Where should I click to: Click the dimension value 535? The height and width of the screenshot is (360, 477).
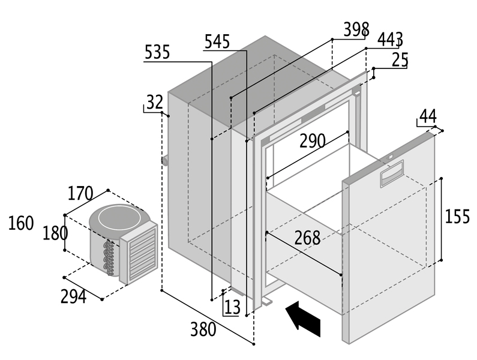(157, 52)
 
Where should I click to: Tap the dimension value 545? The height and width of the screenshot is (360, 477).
(217, 41)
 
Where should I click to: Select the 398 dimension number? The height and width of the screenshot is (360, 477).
(356, 29)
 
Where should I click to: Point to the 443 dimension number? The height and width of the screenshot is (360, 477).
(390, 40)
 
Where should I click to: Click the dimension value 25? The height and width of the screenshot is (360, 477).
(400, 59)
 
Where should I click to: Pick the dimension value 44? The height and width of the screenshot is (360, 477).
(428, 116)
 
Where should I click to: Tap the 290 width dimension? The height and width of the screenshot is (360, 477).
(313, 141)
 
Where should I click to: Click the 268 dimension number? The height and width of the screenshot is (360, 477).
(307, 238)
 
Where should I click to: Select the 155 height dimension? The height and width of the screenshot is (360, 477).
(457, 217)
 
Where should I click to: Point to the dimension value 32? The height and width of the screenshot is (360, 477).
(154, 103)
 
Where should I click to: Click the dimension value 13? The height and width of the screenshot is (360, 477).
(232, 307)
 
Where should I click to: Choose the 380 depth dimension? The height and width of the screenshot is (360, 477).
(205, 329)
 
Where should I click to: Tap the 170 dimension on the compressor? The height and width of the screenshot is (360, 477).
(80, 194)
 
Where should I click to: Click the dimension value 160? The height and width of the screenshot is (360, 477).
(21, 223)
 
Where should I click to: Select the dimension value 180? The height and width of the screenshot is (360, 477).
(55, 233)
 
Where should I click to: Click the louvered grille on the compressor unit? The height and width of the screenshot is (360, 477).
(139, 253)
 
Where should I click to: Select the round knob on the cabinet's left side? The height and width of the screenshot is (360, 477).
(163, 160)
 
